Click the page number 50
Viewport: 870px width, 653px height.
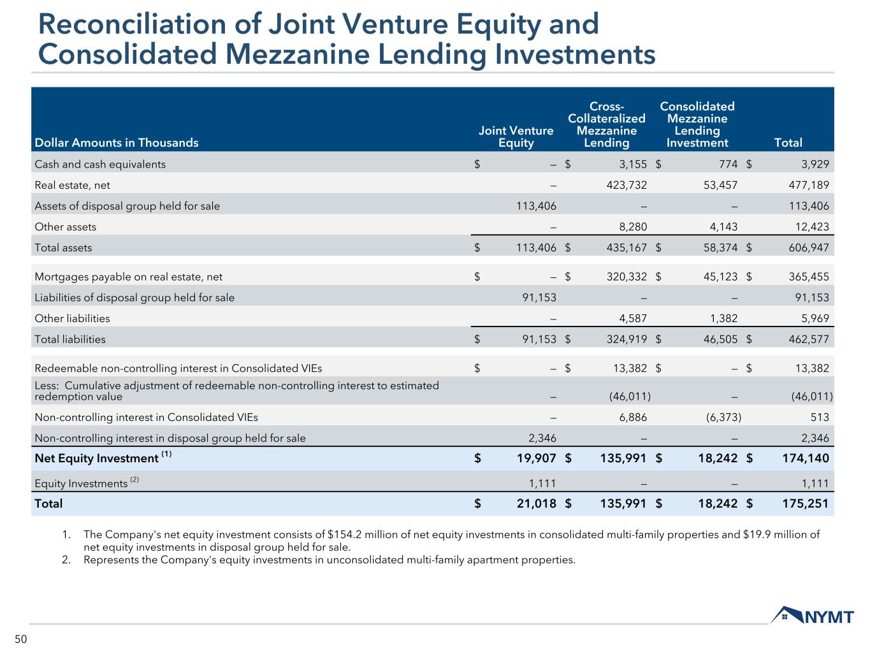coord(21,640)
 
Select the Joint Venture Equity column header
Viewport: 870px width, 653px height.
coord(516,136)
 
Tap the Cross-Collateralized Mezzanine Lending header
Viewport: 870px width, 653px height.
coord(606,124)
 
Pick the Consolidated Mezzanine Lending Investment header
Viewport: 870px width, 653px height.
coord(697,124)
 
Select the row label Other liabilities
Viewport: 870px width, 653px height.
coord(72,318)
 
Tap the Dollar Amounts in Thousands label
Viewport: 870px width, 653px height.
coord(117,142)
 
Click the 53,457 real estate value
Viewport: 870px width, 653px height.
coord(718,185)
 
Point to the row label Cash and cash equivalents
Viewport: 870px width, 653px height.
coord(100,164)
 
